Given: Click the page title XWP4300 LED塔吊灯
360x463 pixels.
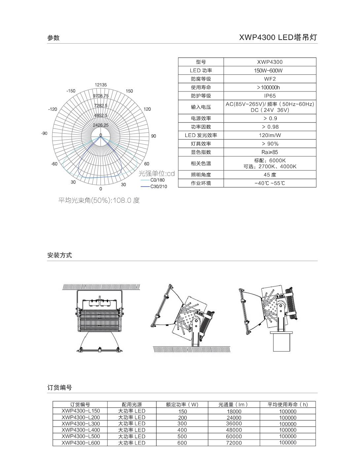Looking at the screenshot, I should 278,37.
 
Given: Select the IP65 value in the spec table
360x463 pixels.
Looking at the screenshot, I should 270,96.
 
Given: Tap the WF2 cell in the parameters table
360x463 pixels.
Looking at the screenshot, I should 270,79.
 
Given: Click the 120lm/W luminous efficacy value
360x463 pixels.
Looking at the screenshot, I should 270,135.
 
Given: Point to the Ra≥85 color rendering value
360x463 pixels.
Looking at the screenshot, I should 270,152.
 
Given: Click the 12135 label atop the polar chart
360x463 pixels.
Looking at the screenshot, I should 101,85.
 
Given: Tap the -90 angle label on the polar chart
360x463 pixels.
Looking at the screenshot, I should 44,133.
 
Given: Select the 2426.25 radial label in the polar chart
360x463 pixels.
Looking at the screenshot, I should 101,125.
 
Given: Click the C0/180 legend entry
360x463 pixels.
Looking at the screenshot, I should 157,180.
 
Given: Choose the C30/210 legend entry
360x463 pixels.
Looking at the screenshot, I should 159,187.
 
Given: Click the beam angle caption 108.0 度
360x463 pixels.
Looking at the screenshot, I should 99,200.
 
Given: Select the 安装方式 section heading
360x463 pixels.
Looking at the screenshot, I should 59,255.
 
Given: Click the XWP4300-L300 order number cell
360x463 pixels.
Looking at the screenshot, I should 80,424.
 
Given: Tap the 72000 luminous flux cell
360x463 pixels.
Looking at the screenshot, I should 234,443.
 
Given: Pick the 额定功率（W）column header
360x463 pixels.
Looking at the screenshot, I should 182,405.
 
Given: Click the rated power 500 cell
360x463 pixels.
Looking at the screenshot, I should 182,437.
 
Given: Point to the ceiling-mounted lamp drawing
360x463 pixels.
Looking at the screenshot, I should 99,319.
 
